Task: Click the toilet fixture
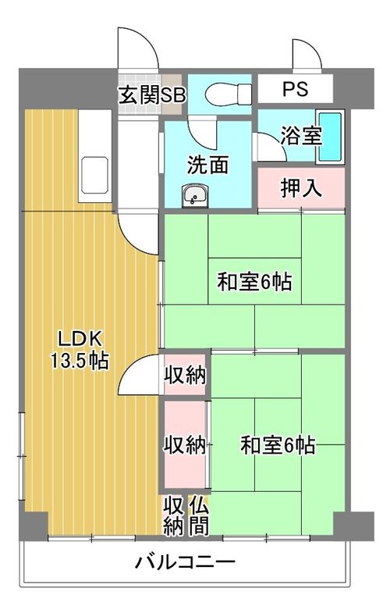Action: pyautogui.click(x=228, y=94)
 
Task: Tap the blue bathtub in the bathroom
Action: pyautogui.click(x=330, y=137)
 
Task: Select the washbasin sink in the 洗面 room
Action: pyautogui.click(x=195, y=195)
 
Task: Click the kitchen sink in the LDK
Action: pyautogui.click(x=94, y=175)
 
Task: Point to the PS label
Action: pyautogui.click(x=295, y=89)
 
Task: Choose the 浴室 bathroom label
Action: pyautogui.click(x=301, y=136)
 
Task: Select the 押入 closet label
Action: pyautogui.click(x=301, y=188)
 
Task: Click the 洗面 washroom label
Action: pyautogui.click(x=207, y=165)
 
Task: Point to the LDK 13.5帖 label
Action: pyautogui.click(x=80, y=350)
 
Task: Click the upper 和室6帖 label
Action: pyautogui.click(x=254, y=281)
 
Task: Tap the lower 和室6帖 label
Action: pyautogui.click(x=278, y=445)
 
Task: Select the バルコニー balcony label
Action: pyautogui.click(x=185, y=562)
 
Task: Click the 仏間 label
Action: pyautogui.click(x=198, y=516)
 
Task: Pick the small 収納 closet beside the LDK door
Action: pyautogui.click(x=184, y=375)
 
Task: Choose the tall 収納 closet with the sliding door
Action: pyautogui.click(x=184, y=444)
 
